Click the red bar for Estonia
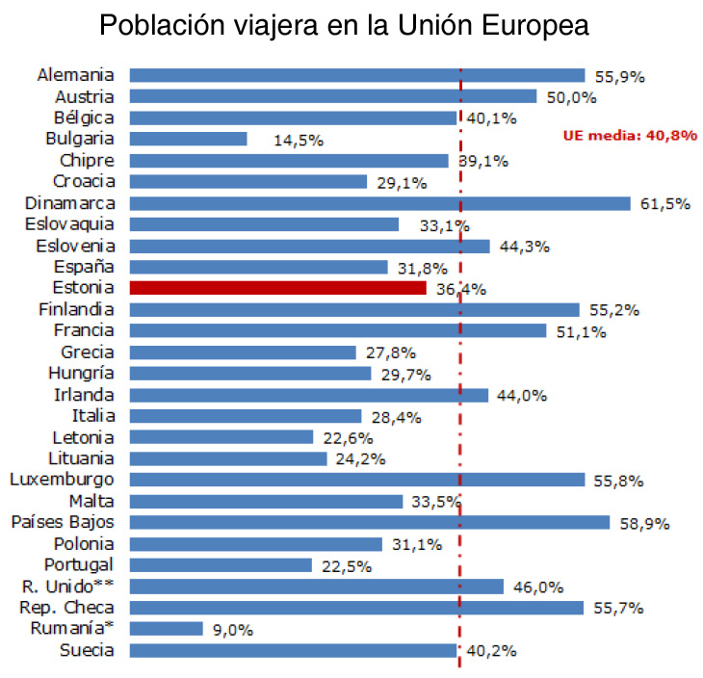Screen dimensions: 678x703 (x=277, y=287)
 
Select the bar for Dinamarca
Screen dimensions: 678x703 (x=379, y=203)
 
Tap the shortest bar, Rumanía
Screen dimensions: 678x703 (x=166, y=629)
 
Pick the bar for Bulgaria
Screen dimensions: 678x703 (x=188, y=139)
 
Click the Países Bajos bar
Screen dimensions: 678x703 (x=369, y=522)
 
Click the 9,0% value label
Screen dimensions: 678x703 (x=233, y=630)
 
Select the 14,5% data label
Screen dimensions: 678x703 (x=299, y=140)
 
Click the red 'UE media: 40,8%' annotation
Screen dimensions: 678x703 (x=630, y=136)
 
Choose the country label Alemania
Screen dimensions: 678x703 (x=76, y=75)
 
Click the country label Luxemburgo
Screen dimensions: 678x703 (x=62, y=480)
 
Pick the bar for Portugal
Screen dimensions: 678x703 (x=221, y=564)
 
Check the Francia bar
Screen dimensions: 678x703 (x=337, y=330)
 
